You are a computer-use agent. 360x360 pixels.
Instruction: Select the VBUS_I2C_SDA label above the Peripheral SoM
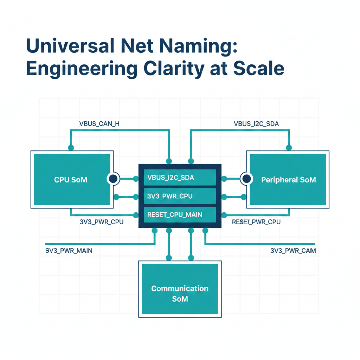[256, 123]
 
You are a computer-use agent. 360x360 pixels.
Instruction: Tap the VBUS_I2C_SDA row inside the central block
[180, 178]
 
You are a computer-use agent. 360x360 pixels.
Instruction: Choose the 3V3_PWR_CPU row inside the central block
[180, 196]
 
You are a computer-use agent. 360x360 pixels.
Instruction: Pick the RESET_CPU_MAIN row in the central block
[180, 214]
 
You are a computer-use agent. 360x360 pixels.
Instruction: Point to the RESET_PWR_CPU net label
[256, 222]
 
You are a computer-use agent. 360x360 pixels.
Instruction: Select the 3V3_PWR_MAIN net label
[69, 251]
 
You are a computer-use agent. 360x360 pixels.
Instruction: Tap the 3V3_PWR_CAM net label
[293, 251]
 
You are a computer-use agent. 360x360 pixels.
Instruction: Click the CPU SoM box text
[71, 180]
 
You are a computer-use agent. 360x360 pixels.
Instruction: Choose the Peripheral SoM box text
[288, 180]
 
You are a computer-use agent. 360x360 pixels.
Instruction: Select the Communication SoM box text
[180, 294]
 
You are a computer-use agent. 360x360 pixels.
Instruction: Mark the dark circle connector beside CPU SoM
[113, 179]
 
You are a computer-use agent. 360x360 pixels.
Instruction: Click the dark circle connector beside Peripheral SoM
[247, 179]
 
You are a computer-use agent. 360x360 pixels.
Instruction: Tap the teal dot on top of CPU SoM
[71, 148]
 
